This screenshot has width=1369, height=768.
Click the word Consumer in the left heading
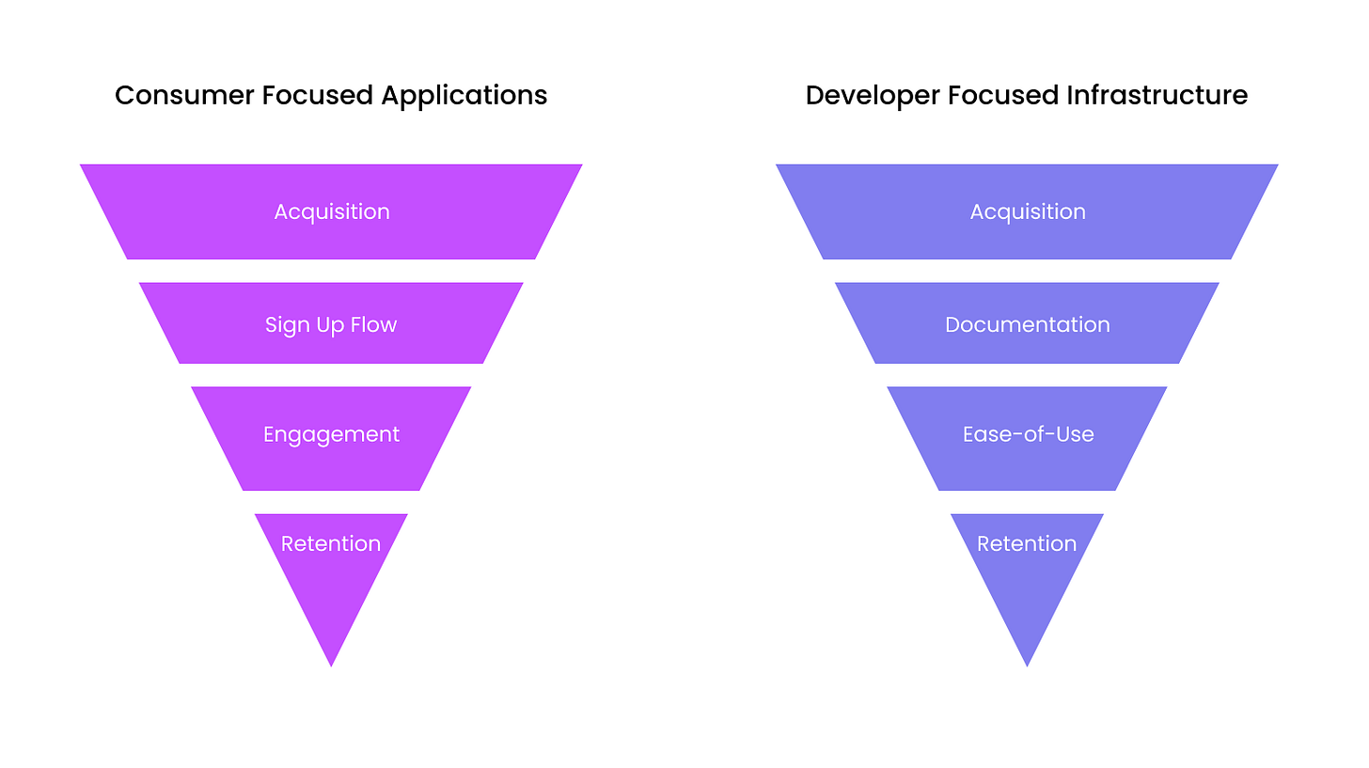coord(172,95)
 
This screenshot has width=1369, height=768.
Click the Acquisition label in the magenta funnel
coord(332,212)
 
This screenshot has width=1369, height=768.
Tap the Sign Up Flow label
coord(331,325)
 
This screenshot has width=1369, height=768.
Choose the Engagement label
coord(331,434)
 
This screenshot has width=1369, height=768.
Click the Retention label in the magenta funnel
coord(331,543)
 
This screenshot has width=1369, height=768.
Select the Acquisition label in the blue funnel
coord(1028,212)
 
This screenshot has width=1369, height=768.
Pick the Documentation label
coord(1028,325)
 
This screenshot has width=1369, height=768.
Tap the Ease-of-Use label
coord(1028,434)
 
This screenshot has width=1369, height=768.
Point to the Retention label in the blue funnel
coord(1027,543)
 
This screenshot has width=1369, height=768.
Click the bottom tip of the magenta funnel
coord(331,663)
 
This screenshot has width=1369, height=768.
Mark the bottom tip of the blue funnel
coord(1027,663)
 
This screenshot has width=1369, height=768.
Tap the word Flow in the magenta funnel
coord(374,325)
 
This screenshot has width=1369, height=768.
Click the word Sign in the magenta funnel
coord(282,325)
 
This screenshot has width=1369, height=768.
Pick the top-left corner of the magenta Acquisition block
coord(83,166)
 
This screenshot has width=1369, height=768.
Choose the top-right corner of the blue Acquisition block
coord(1275,166)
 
